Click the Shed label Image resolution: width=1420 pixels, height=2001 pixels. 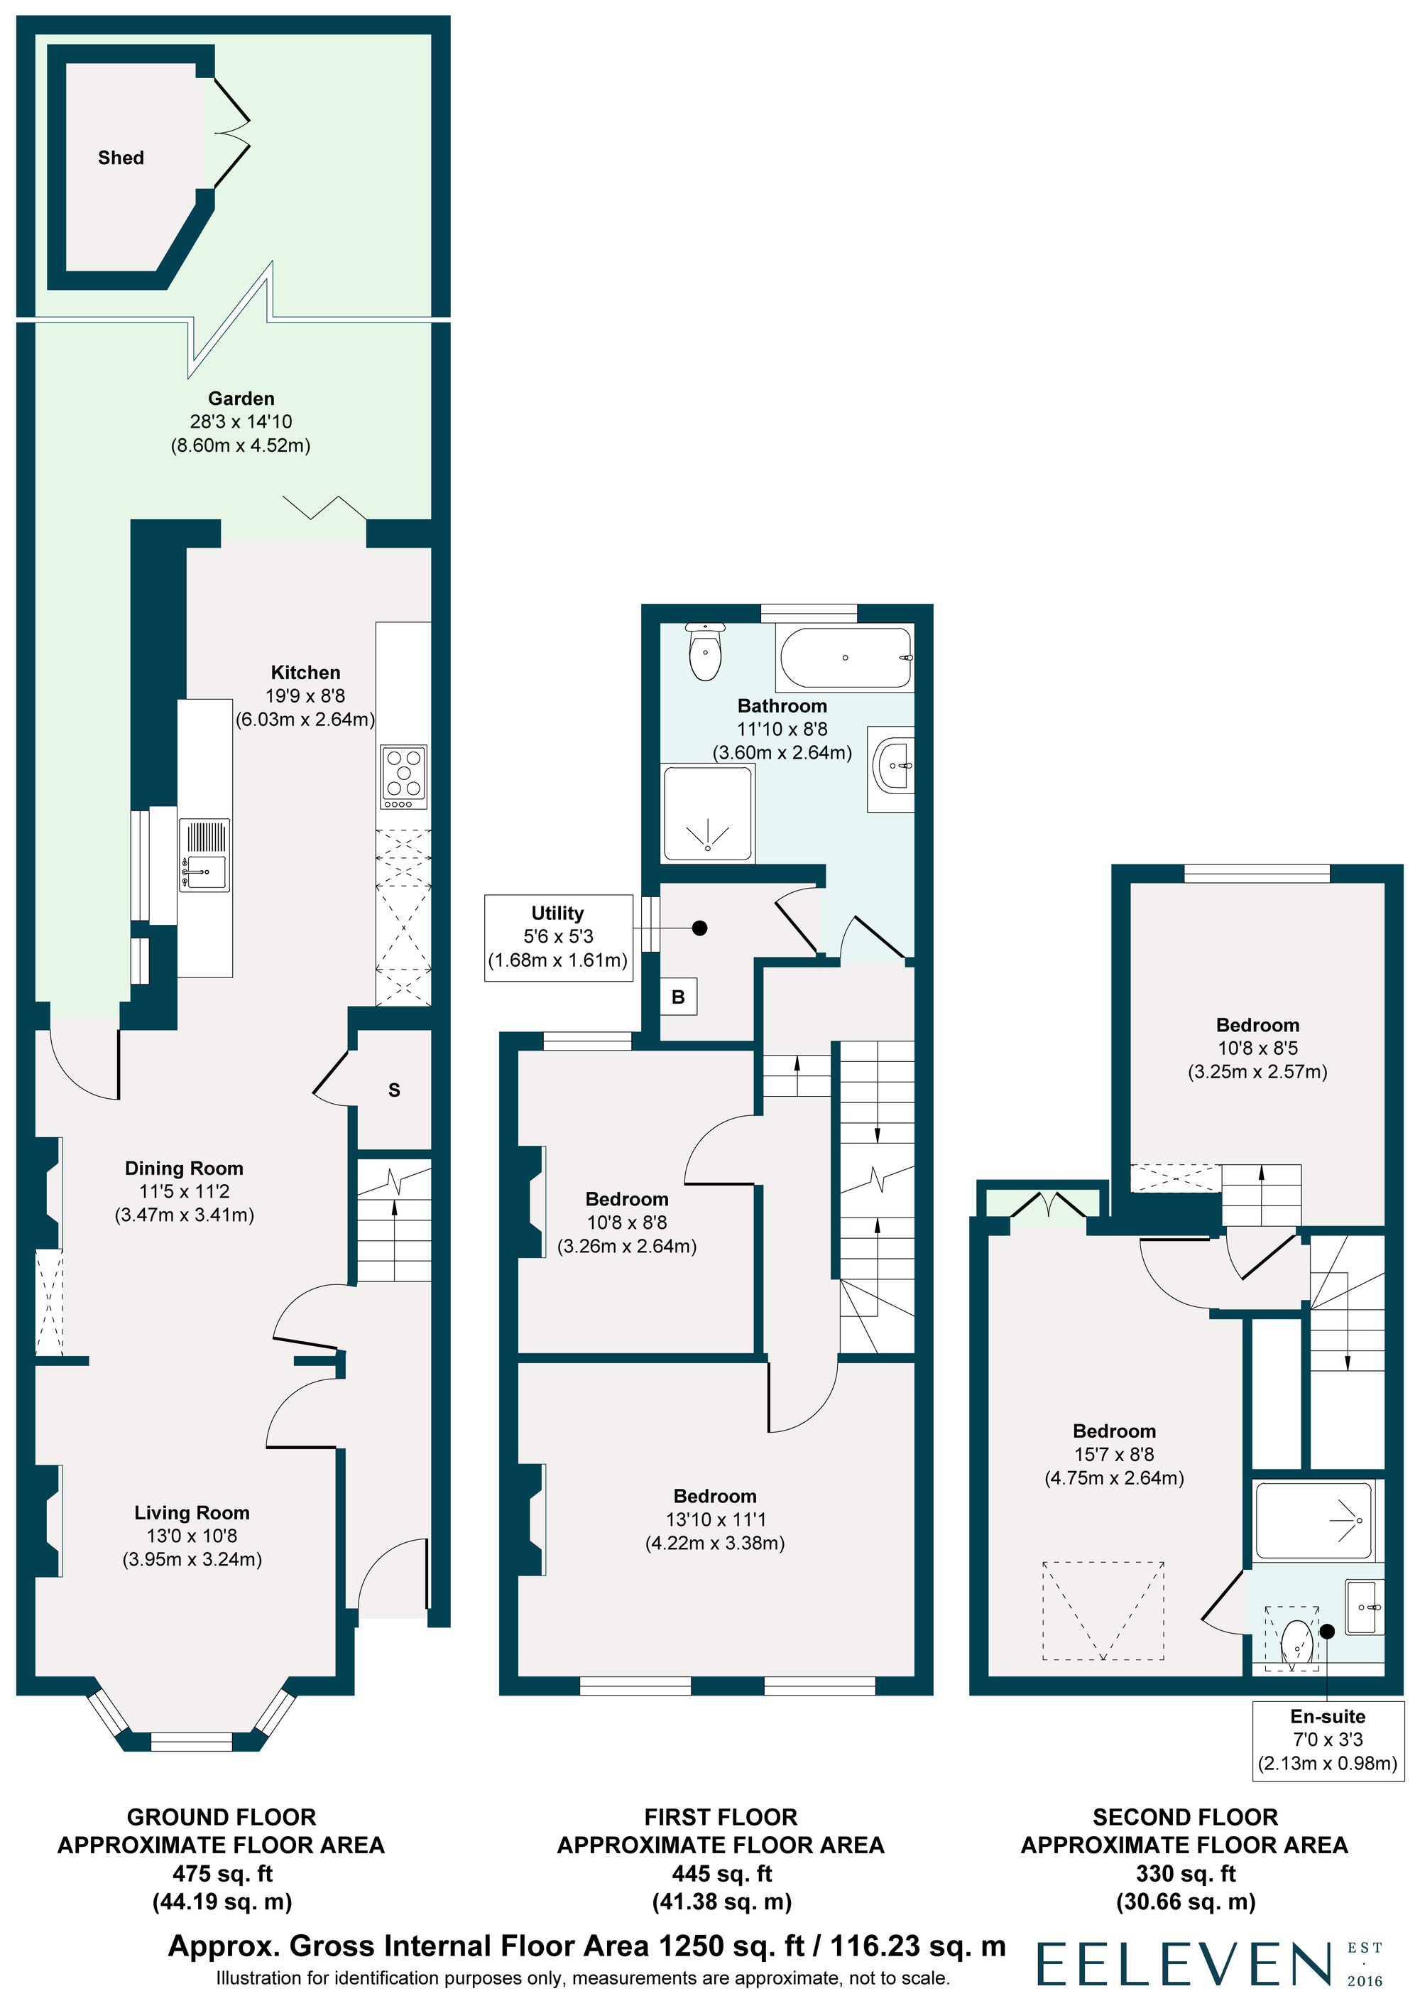121,158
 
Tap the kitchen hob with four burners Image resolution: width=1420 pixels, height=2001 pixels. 404,776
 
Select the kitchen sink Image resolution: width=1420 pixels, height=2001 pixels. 204,855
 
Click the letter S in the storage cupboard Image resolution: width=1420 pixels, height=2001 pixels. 394,1090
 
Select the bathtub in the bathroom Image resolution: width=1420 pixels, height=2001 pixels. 845,658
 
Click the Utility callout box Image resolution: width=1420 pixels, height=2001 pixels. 558,938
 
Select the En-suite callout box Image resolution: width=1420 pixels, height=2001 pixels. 1327,1740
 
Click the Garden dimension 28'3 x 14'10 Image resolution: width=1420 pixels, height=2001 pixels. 241,421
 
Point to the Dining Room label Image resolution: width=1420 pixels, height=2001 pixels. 184,1168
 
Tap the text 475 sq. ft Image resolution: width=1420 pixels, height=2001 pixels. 222,1874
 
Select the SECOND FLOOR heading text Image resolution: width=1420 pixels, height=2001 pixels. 1185,1817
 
